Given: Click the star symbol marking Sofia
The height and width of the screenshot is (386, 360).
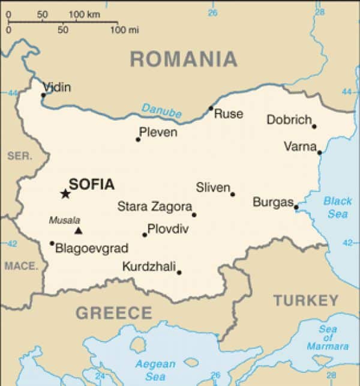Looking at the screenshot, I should [x=65, y=193].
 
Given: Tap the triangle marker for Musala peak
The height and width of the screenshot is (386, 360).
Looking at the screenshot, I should [x=77, y=231].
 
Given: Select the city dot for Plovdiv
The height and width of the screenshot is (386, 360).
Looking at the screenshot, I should [x=145, y=235].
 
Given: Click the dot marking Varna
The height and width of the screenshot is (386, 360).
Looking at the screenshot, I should [x=319, y=152].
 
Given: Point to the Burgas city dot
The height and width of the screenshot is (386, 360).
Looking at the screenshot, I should [x=296, y=208].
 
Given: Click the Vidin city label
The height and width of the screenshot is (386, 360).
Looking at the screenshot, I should [x=56, y=88].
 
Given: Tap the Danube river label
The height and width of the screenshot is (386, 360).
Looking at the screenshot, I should [x=161, y=110].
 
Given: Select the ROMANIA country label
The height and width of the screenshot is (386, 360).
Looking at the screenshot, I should [x=184, y=59].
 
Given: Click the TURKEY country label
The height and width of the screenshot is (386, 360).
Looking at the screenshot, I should [x=306, y=300].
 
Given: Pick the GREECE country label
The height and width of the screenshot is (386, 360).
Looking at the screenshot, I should [x=114, y=313].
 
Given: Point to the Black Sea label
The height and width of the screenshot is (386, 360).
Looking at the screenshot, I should [x=338, y=207].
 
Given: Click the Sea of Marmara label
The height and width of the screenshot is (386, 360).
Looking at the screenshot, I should [x=328, y=337].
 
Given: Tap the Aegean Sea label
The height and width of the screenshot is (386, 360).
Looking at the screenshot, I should [x=155, y=369].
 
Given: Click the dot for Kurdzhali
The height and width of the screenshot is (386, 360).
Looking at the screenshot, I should [x=179, y=273].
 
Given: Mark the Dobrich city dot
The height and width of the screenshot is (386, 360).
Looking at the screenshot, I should [x=314, y=126].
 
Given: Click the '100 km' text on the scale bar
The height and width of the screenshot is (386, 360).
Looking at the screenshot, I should [x=85, y=13].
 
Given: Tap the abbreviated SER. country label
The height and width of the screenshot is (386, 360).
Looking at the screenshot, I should [x=19, y=156].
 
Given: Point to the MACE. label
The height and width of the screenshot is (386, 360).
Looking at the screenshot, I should [x=21, y=265].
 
